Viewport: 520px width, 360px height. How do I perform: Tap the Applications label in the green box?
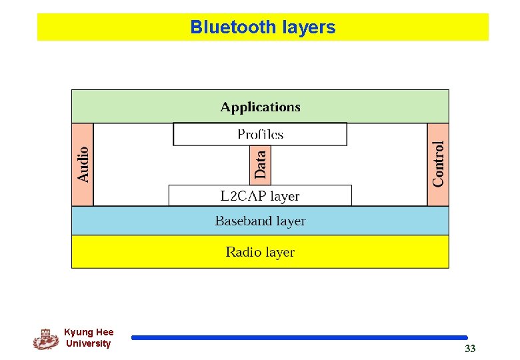260,107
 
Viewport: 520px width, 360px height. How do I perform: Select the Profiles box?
260,134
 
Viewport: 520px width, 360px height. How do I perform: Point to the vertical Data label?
261,164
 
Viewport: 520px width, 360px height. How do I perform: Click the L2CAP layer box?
260,196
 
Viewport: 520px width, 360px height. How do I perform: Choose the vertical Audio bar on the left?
83,165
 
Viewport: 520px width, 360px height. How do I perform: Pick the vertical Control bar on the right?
438,164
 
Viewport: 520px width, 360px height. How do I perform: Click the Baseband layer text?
260,221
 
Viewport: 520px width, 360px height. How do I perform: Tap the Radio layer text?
260,252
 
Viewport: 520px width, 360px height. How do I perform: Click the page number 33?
470,349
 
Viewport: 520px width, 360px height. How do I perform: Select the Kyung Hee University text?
89,337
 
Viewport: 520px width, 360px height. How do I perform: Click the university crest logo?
45,339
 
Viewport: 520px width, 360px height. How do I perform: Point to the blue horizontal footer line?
299,338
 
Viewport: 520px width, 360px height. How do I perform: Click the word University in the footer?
89,343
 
